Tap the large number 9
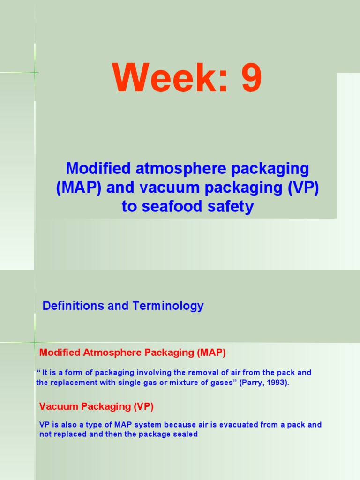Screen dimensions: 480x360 pyautogui.click(x=252, y=79)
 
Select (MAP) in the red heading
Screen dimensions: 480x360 pyautogui.click(x=211, y=352)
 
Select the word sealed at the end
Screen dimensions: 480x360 pyautogui.click(x=186, y=435)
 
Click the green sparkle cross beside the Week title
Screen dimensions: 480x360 pyautogui.click(x=35, y=72)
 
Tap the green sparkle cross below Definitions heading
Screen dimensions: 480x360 pyautogui.click(x=35, y=343)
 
